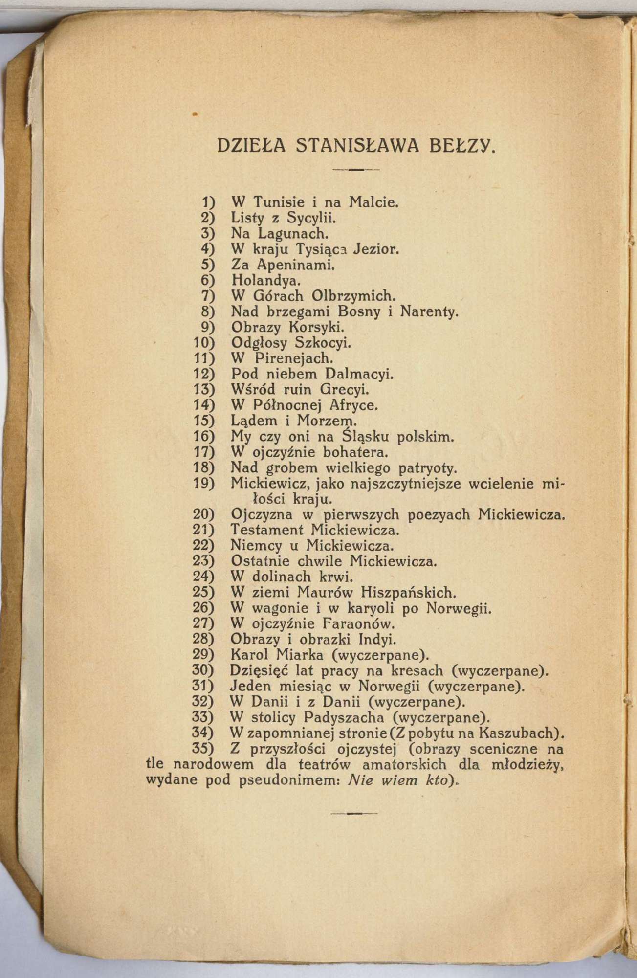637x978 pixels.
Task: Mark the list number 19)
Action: coord(205,484)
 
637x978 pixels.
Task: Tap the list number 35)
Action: coord(205,749)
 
